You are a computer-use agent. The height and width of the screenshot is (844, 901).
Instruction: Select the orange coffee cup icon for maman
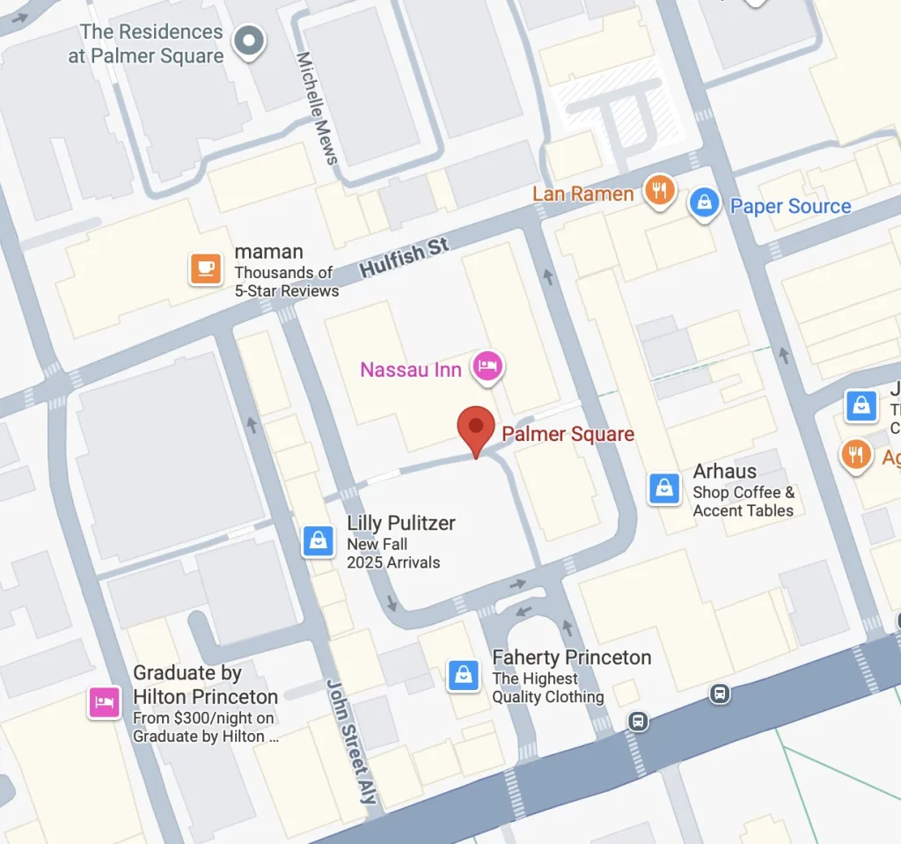206,268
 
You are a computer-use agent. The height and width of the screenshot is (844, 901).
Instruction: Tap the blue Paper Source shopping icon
704,203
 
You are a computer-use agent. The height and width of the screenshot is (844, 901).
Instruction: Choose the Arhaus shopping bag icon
664,488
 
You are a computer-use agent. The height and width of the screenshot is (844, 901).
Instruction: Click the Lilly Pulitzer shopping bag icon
318,540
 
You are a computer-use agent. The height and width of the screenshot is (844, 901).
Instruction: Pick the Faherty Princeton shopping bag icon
464,675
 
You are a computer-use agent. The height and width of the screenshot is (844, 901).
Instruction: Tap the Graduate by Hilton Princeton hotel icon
105,702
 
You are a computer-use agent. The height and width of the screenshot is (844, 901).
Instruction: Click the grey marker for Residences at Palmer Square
249,40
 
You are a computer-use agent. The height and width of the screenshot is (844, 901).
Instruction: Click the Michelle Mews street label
318,107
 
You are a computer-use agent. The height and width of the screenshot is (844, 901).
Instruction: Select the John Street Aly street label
352,741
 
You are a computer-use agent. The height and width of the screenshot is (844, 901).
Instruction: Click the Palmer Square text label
568,434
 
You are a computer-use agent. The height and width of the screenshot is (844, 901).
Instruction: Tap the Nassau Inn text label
411,370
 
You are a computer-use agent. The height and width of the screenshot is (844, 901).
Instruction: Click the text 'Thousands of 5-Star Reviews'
285,282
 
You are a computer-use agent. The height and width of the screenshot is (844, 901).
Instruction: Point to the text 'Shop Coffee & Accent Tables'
744,502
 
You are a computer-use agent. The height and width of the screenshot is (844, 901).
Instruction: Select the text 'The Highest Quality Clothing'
547,687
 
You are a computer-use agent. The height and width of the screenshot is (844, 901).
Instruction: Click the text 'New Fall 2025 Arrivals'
392,554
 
